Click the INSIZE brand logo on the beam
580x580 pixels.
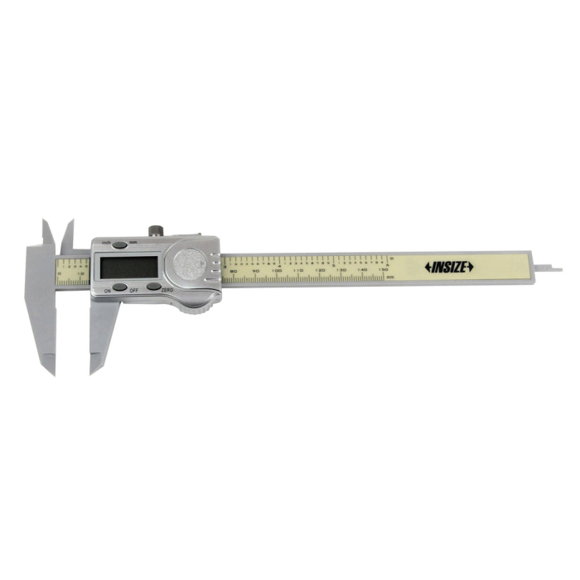[449, 267]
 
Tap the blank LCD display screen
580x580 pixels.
[128, 267]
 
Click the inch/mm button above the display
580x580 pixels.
[120, 245]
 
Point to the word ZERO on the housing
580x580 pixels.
[167, 290]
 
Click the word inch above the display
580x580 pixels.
[106, 242]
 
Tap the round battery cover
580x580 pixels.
[189, 263]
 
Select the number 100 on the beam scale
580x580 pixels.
[278, 271]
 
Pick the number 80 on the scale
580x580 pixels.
[233, 271]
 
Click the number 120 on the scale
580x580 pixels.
[320, 271]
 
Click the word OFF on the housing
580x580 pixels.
[134, 290]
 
